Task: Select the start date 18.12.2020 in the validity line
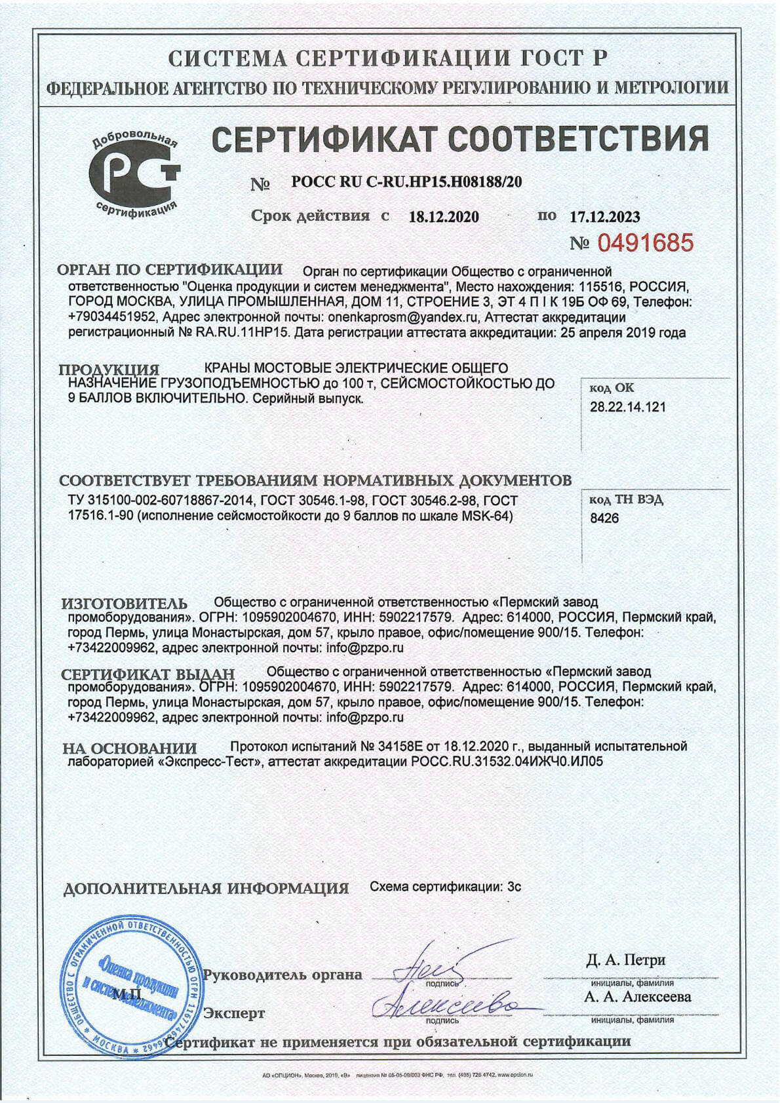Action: tap(444, 217)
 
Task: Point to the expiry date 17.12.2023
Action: tap(604, 217)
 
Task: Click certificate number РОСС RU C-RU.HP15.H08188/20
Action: tap(406, 182)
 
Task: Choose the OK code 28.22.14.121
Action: tap(627, 407)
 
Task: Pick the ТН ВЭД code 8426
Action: tap(604, 518)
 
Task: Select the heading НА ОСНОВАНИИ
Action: tap(129, 748)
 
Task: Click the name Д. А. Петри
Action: tap(625, 960)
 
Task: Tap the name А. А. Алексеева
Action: tap(637, 997)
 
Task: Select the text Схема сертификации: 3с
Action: tap(445, 887)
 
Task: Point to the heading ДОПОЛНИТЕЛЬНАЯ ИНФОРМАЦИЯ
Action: tap(206, 889)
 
